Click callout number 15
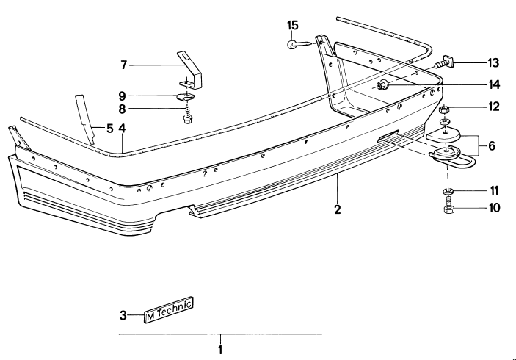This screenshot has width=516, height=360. point(292,26)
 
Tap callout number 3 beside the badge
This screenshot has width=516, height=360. point(123,316)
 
